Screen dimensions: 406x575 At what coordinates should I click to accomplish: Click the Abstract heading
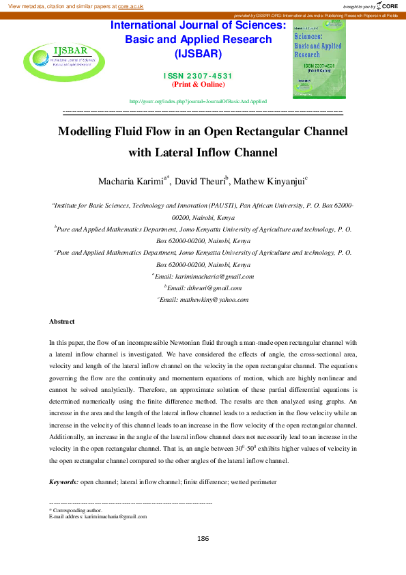[61, 321]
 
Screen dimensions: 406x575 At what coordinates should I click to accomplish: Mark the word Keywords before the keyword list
[63, 483]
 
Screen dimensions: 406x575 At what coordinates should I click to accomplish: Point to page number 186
[203, 539]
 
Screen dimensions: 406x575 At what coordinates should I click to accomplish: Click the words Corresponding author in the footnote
[77, 510]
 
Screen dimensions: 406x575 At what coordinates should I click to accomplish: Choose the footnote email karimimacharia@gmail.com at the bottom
[115, 517]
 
